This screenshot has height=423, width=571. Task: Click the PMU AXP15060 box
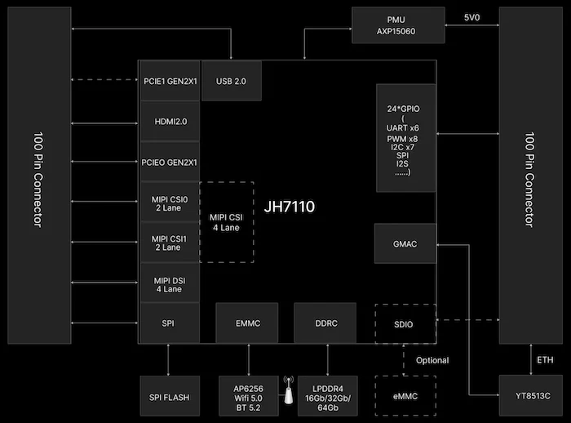pos(398,25)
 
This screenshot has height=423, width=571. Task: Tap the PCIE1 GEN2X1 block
pos(170,81)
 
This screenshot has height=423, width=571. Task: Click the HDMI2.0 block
pos(170,122)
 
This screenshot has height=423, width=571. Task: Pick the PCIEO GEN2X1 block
pos(170,162)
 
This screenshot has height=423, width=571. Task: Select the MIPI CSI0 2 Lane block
pos(170,203)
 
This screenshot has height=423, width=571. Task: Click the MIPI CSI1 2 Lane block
pos(170,243)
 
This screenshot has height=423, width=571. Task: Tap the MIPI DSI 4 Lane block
pos(170,283)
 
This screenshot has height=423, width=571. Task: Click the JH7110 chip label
pos(290,207)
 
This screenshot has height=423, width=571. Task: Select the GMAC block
pos(405,244)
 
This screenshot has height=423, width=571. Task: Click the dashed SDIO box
pos(405,324)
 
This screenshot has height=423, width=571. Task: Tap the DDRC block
pos(326,323)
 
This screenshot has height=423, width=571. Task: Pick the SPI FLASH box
pos(170,397)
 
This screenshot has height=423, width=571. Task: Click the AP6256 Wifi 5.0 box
pos(247,396)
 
